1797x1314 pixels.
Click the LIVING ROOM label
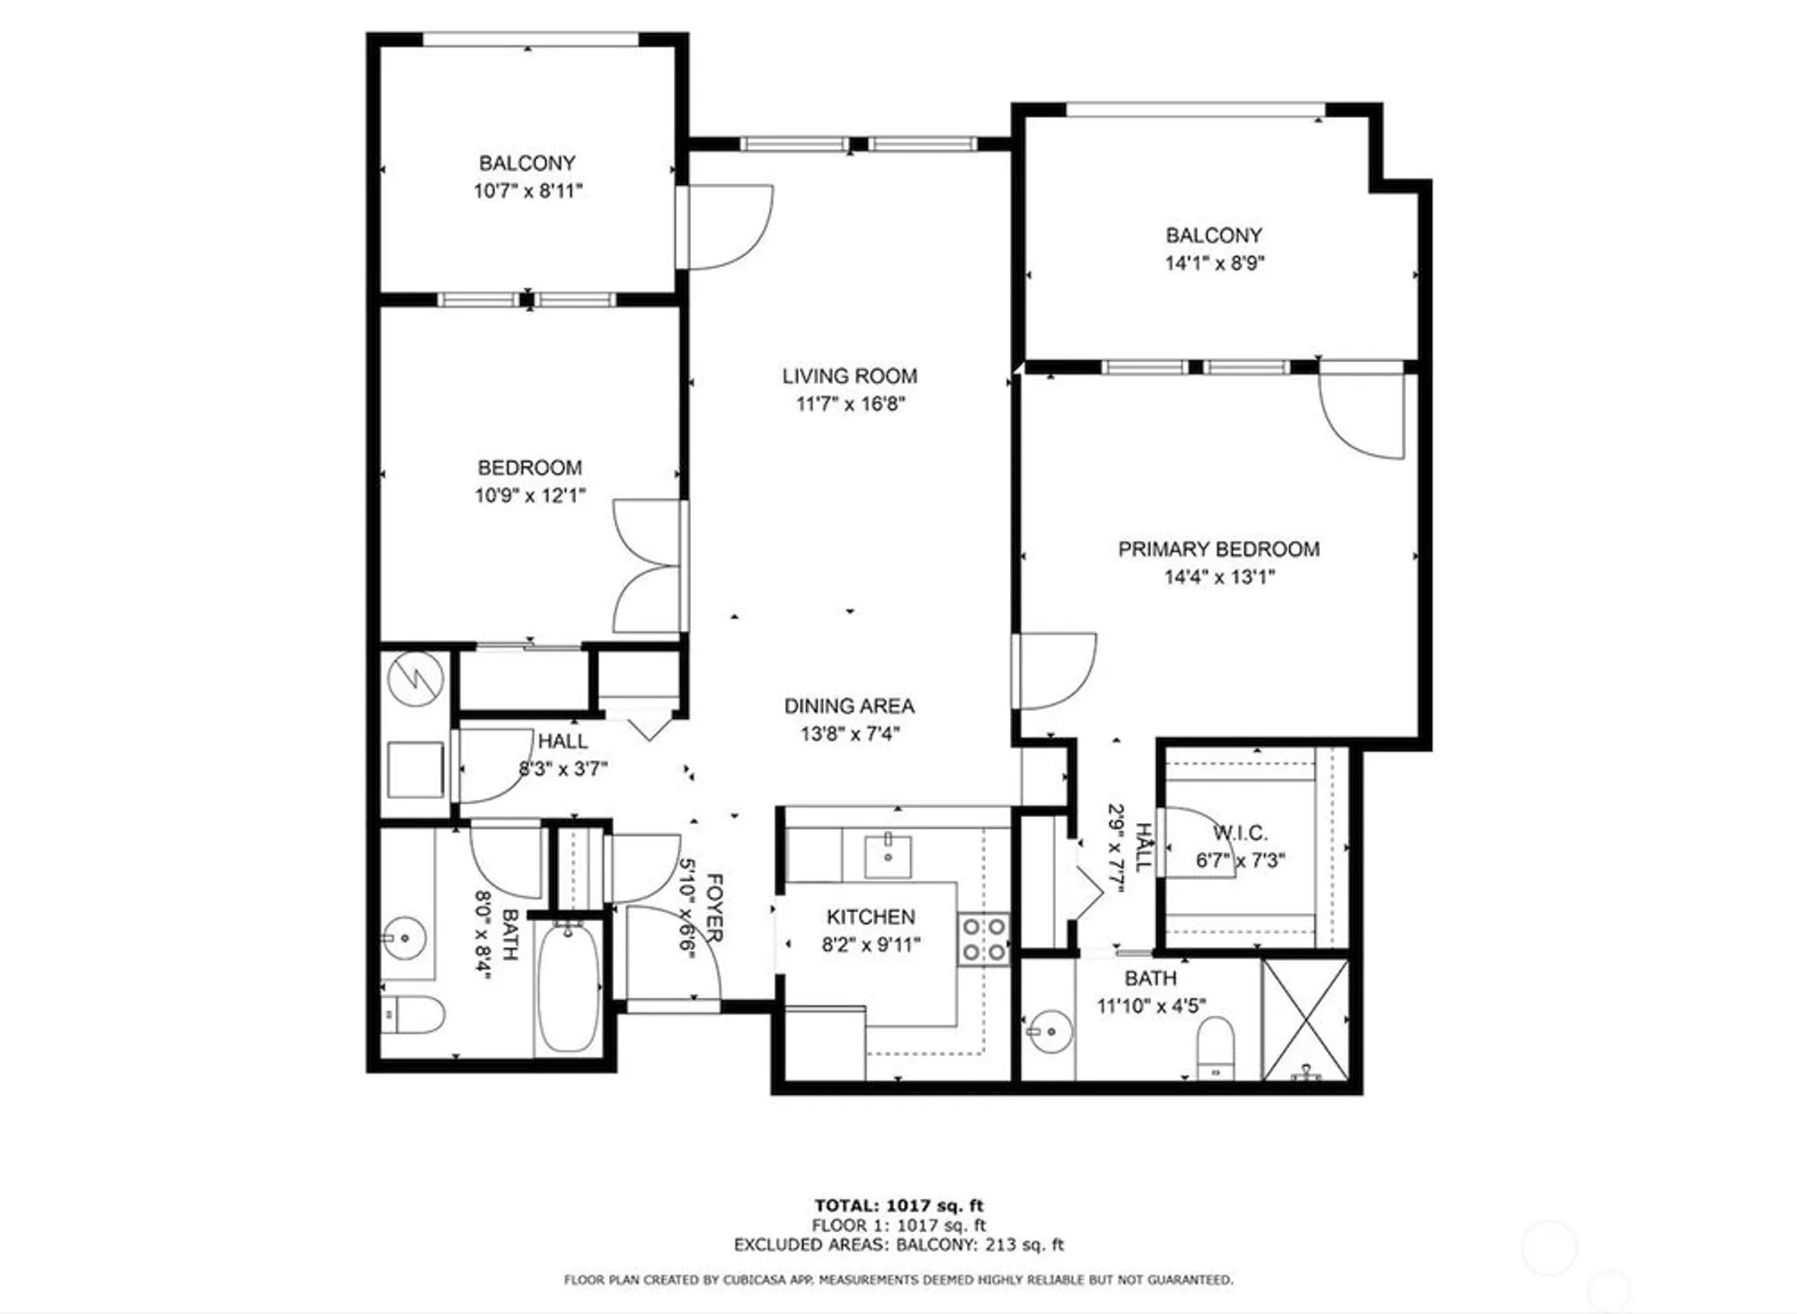pos(849,376)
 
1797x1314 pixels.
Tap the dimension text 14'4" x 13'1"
pos(1218,577)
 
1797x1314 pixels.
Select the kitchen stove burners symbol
pos(983,939)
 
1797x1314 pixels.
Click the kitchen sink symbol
pos(888,855)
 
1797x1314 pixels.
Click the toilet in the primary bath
pos(1217,1047)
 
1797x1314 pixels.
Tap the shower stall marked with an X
pos(1306,1019)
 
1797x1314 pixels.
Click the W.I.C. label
pos(1240,833)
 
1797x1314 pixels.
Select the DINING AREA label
pos(849,706)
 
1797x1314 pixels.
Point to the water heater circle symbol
pos(415,678)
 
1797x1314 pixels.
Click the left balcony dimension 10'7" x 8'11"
pos(527,191)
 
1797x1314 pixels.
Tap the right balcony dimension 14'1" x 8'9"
pos(1214,263)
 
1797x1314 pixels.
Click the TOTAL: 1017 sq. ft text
pos(898,1205)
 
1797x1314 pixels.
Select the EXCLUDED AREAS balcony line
pos(898,1245)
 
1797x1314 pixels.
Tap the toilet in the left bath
pos(412,1016)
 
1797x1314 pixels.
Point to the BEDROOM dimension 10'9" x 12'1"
pos(529,495)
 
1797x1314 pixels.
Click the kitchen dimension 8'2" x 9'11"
pos(871,945)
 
